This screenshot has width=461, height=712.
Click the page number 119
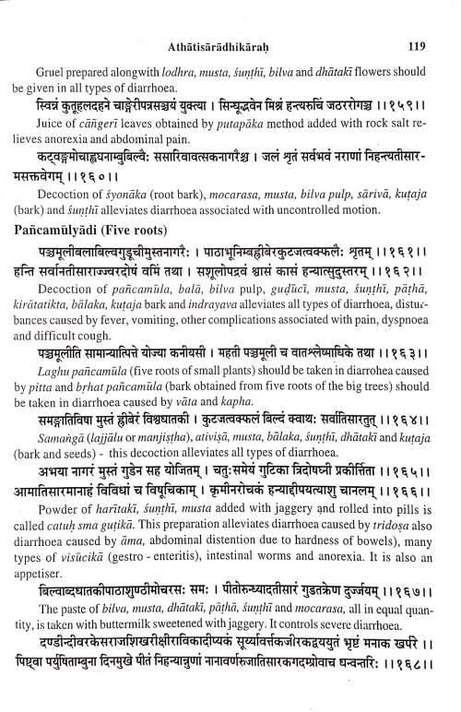415,16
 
